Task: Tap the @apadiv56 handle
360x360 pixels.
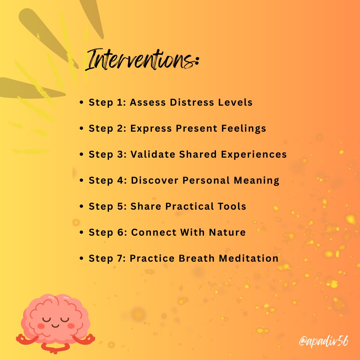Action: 324,342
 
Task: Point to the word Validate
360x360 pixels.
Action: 153,154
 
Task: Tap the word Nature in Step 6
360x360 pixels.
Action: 227,232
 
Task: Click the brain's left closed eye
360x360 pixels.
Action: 46,319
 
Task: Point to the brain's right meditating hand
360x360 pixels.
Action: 87,339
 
